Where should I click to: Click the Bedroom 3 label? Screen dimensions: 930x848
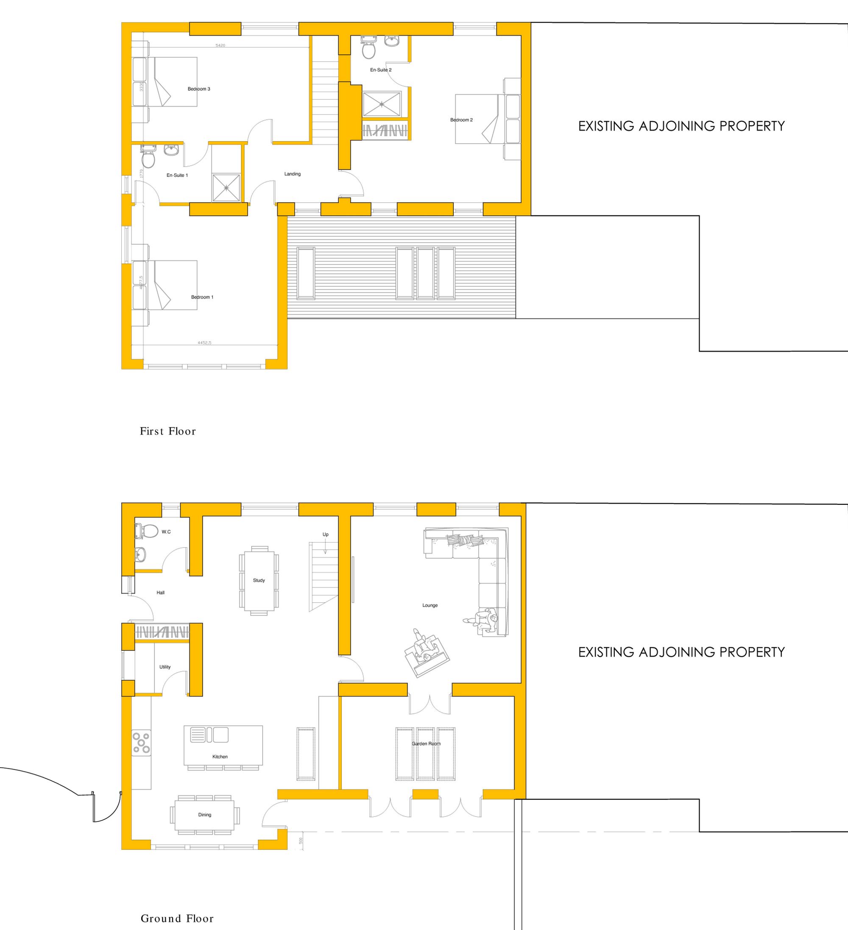click(199, 89)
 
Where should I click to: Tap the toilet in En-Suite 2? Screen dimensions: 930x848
click(368, 48)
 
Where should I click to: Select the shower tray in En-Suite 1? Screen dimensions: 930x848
click(226, 188)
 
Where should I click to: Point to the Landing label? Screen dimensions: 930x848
click(293, 174)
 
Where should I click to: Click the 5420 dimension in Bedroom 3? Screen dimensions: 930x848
click(220, 45)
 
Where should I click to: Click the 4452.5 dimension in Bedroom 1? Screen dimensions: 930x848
click(204, 343)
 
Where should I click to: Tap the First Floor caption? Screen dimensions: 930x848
click(168, 432)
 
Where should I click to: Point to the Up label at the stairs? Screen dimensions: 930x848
click(325, 534)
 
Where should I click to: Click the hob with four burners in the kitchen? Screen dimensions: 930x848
click(142, 743)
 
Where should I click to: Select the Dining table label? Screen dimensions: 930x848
click(205, 815)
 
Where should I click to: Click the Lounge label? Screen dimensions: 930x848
click(430, 605)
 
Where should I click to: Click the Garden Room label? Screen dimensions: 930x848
click(426, 743)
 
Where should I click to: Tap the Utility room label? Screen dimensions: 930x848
click(165, 667)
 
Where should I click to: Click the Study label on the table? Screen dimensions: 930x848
click(259, 580)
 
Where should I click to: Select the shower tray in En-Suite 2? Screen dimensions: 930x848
click(382, 104)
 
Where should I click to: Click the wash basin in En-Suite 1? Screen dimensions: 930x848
click(171, 150)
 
